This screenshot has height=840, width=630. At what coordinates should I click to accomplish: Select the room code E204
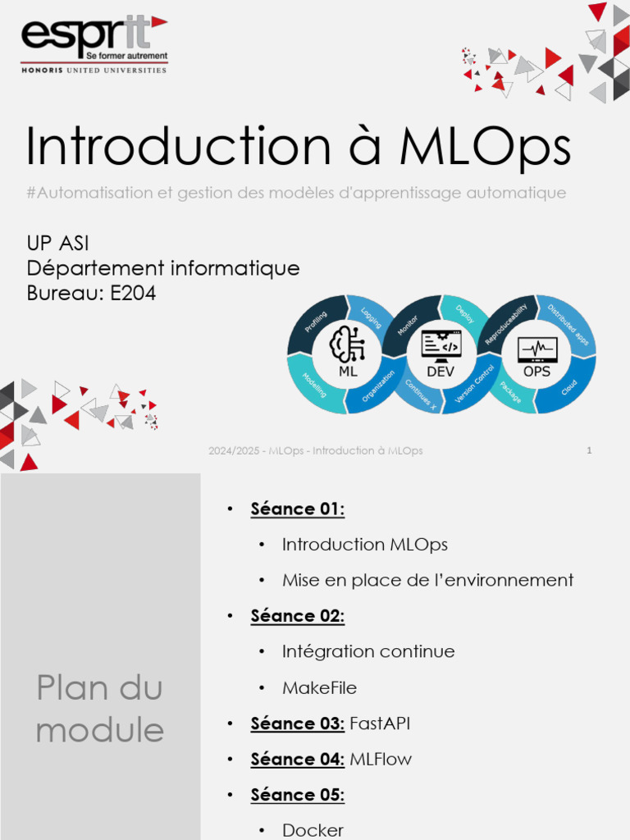[133, 293]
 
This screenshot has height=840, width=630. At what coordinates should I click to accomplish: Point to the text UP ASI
[58, 244]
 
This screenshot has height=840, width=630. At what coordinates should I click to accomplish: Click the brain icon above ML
[347, 344]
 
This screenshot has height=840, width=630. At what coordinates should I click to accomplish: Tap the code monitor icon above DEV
[441, 345]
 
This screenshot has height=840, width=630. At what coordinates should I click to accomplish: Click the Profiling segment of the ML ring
[316, 321]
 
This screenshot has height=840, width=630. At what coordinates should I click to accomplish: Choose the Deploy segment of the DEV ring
[464, 314]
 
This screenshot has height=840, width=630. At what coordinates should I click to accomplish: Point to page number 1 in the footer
[589, 450]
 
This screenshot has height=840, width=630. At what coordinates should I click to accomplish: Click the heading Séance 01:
[298, 509]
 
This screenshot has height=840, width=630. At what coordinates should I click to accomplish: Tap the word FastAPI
[380, 724]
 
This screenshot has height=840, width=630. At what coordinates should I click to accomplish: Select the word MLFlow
[381, 760]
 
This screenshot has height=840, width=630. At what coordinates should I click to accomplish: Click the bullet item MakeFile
[319, 687]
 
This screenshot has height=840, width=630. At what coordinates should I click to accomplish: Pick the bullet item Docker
[313, 830]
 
